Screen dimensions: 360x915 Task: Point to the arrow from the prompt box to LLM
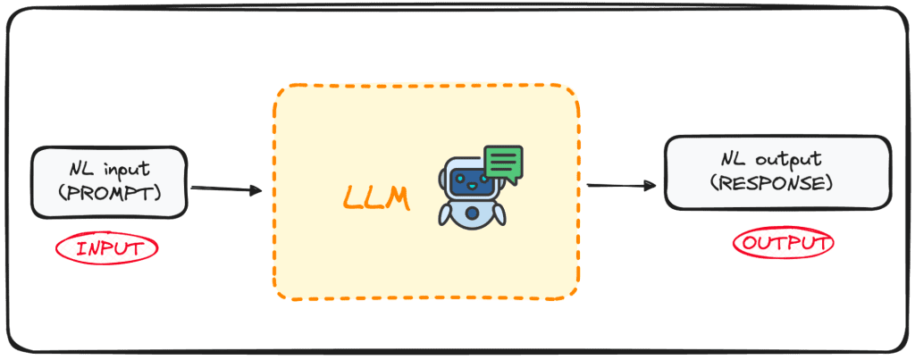(225, 189)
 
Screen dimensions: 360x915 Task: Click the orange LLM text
(375, 198)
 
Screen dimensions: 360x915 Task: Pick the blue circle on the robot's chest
(471, 213)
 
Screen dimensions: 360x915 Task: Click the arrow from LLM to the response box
(622, 186)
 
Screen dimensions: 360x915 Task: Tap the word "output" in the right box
(794, 160)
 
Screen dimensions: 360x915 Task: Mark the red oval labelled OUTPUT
(783, 242)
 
